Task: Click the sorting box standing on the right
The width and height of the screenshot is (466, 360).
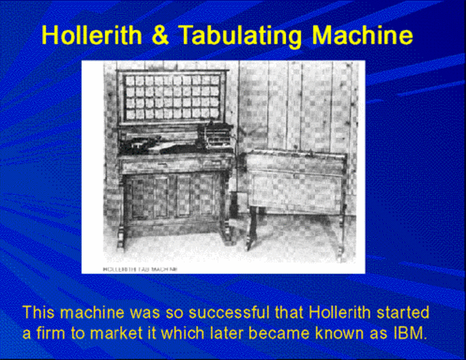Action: (295, 180)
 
